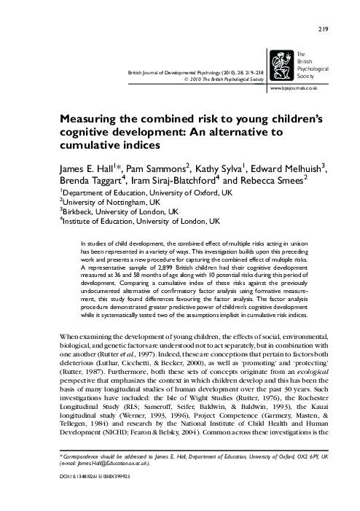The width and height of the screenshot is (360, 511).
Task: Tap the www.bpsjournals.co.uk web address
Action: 313,88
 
